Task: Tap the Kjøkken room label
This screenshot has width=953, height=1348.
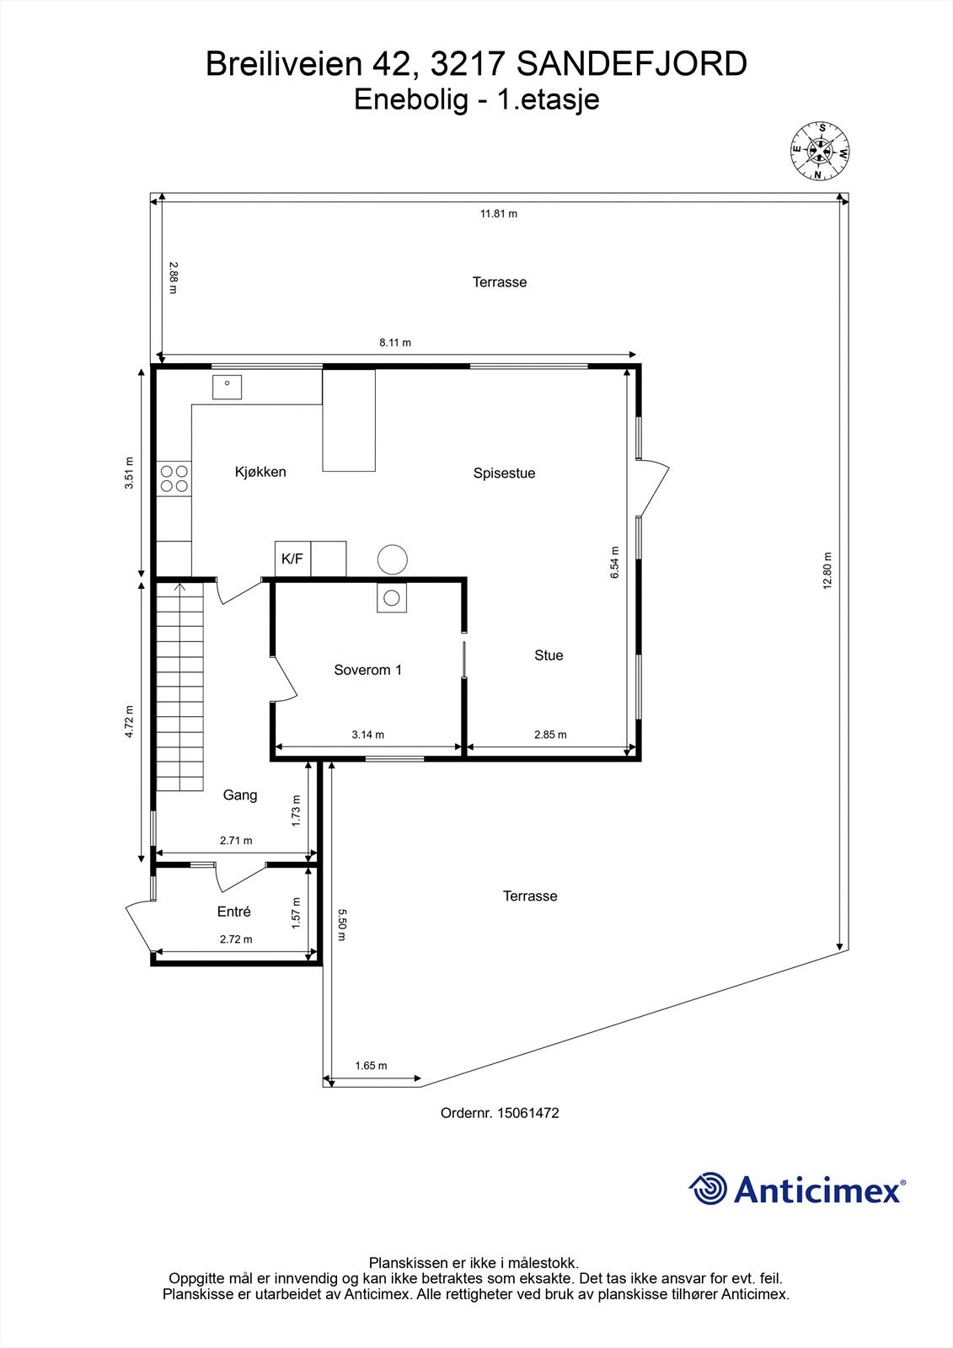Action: (x=260, y=472)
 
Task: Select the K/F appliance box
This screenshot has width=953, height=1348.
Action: (x=292, y=559)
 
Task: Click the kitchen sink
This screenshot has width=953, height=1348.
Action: (x=227, y=388)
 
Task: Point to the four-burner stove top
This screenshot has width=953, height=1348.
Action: (x=174, y=479)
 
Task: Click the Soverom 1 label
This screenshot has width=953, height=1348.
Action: (x=367, y=670)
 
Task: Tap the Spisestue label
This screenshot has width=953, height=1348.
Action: (x=504, y=473)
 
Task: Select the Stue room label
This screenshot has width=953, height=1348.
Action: (x=549, y=655)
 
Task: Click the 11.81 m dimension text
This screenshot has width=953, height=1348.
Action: (x=499, y=214)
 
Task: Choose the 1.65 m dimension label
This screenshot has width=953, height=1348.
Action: (x=371, y=1065)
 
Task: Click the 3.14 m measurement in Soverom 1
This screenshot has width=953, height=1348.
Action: (x=367, y=735)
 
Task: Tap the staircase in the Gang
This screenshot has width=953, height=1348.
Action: (x=179, y=687)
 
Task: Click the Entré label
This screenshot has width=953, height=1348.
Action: (x=234, y=912)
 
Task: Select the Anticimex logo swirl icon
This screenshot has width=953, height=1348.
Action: (x=708, y=1189)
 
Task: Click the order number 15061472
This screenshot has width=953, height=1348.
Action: (x=528, y=1113)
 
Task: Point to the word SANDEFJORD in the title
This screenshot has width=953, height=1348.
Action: (x=631, y=65)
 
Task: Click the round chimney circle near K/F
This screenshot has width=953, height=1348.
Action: (x=392, y=559)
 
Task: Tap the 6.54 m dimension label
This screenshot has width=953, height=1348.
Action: (x=615, y=562)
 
